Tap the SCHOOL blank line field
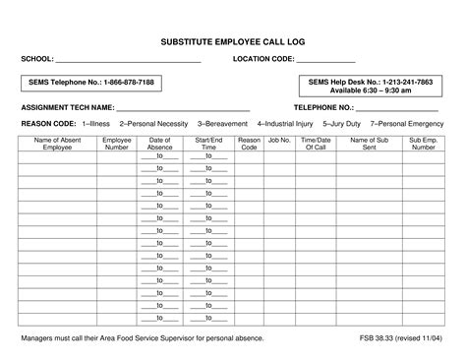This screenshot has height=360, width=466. [128, 61]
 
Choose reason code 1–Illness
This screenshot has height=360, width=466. [96, 125]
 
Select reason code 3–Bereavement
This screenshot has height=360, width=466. [224, 125]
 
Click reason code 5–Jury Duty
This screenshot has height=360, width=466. [341, 125]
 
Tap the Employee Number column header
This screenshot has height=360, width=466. [117, 144]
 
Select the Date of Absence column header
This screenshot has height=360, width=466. [160, 144]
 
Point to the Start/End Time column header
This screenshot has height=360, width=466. [208, 144]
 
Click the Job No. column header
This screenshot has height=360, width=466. [279, 141]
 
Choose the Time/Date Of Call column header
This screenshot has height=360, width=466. [317, 144]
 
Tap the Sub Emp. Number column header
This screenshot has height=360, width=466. [422, 144]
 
